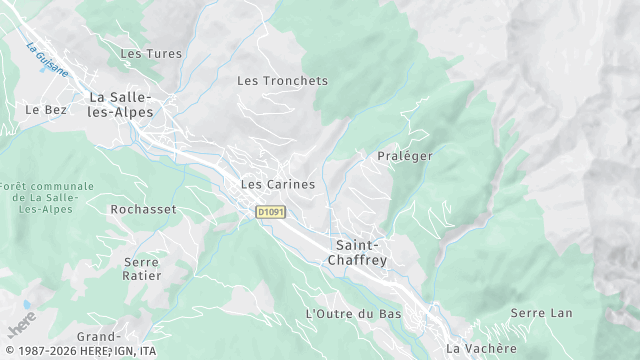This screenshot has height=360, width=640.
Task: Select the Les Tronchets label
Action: pyautogui.click(x=282, y=80)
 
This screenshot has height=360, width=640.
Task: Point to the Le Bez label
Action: pyautogui.click(x=46, y=110)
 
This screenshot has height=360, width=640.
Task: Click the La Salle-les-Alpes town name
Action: pyautogui.click(x=121, y=105)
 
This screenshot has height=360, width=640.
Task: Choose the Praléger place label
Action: pyautogui.click(x=404, y=157)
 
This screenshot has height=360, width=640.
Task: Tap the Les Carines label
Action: pyautogui.click(x=278, y=185)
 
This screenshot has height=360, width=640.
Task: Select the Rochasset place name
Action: pyautogui.click(x=143, y=210)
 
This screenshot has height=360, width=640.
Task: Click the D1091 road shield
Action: pyautogui.click(x=270, y=212)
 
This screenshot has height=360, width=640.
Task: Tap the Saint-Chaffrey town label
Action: pyautogui.click(x=357, y=252)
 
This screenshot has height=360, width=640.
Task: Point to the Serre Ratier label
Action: pyautogui.click(x=142, y=269)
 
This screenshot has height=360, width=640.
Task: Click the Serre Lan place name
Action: pyautogui.click(x=541, y=313)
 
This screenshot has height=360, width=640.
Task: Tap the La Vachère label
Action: pyautogui.click(x=482, y=348)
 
